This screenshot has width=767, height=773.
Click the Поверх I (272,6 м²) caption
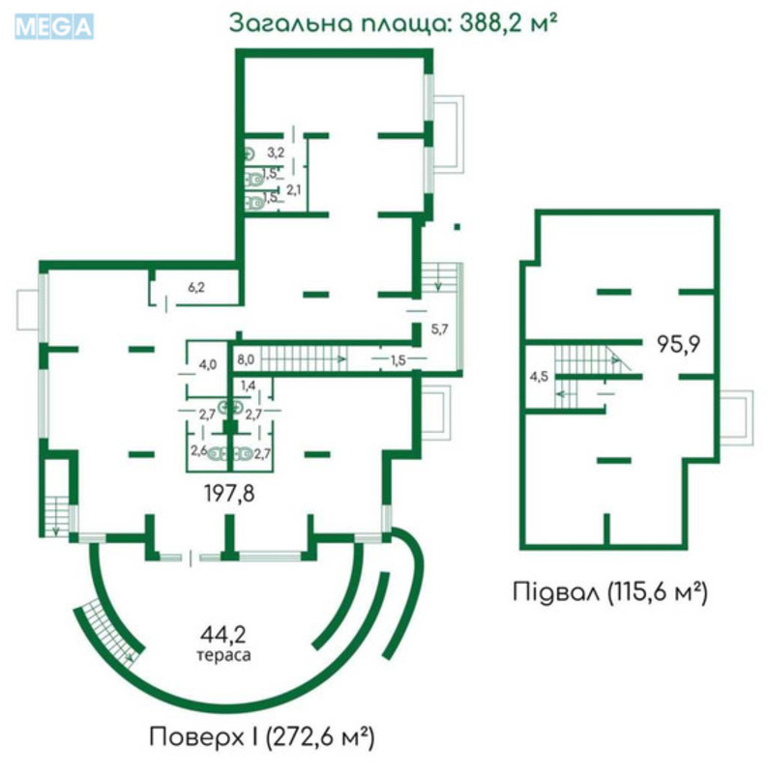(261, 737)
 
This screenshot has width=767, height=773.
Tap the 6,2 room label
(196, 286)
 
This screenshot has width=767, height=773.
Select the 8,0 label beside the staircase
(245, 359)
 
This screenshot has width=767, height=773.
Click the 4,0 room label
(207, 364)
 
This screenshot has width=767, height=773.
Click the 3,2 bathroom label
(276, 152)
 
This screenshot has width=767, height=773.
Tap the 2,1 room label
(294, 189)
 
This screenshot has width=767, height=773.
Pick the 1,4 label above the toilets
(249, 386)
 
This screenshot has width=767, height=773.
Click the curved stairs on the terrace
(109, 631)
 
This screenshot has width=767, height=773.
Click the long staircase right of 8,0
(306, 359)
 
